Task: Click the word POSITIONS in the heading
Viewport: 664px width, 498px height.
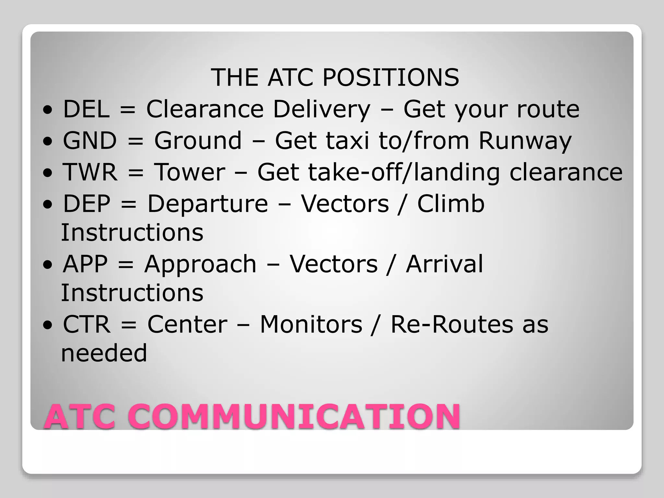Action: pyautogui.click(x=390, y=77)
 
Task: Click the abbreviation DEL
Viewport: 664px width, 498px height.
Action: pyautogui.click(x=86, y=109)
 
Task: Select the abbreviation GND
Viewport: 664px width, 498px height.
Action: pyautogui.click(x=90, y=140)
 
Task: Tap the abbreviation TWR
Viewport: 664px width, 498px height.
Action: pyautogui.click(x=90, y=172)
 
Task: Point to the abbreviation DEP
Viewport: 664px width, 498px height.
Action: pyautogui.click(x=87, y=204)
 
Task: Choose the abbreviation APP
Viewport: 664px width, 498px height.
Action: pyautogui.click(x=85, y=264)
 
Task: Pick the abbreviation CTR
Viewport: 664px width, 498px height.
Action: pyautogui.click(x=87, y=324)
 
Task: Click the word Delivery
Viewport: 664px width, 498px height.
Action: pyautogui.click(x=321, y=109)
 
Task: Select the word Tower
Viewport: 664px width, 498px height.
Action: pyautogui.click(x=189, y=172)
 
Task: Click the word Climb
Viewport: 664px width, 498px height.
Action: pyautogui.click(x=451, y=204)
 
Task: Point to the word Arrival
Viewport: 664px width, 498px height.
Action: pyautogui.click(x=444, y=264)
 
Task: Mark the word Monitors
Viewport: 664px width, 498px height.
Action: pyautogui.click(x=311, y=324)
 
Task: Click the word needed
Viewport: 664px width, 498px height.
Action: pyautogui.click(x=104, y=353)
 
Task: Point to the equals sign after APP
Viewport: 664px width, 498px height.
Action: pyautogui.click(x=126, y=265)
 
